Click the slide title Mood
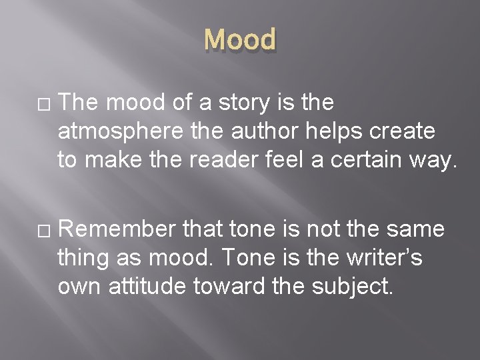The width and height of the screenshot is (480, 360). point(239,40)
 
